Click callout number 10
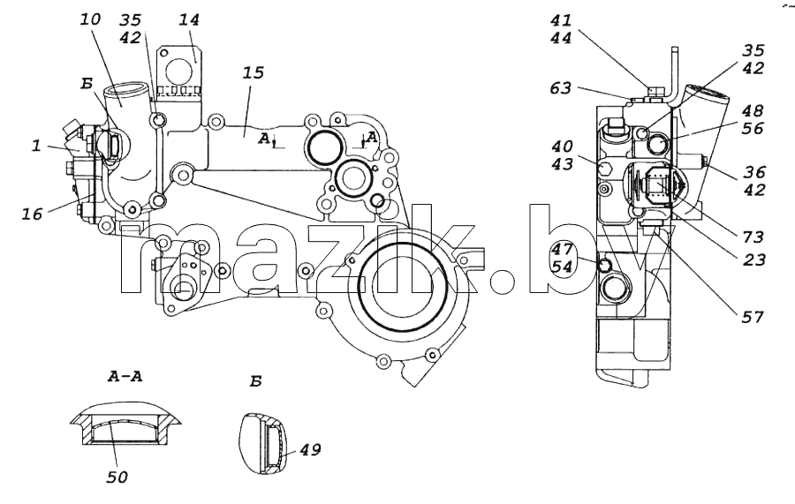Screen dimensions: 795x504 91,19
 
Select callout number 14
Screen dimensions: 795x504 189,19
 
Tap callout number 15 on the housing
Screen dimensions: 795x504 254,72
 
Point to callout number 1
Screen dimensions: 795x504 36,146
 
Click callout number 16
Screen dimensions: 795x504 32,214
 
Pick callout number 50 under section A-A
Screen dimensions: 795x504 117,477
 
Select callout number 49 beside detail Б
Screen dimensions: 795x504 310,448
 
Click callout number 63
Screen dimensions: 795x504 561,88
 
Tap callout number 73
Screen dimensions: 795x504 753,237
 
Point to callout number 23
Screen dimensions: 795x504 753,260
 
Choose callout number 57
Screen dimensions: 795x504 753,317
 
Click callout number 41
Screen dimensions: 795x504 561,20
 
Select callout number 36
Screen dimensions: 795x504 754,172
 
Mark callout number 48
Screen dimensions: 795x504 753,110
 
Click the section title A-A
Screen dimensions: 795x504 125,376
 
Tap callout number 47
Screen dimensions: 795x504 563,249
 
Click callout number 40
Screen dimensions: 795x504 563,147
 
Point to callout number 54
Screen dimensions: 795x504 563,267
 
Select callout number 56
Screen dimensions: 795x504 753,128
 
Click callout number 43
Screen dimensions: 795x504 563,164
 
